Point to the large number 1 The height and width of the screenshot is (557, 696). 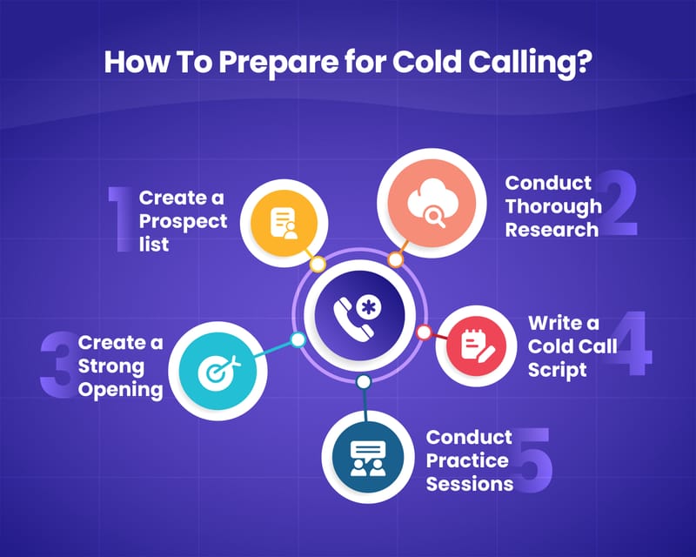[123, 218]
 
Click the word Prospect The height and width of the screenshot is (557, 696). [183, 221]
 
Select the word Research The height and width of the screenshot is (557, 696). [552, 230]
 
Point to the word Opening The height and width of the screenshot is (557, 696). [121, 388]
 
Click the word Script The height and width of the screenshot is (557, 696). [557, 369]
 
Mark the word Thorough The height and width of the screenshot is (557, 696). [553, 206]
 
